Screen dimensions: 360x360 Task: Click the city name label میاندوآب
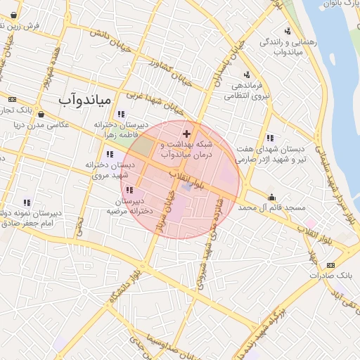(x=84, y=101)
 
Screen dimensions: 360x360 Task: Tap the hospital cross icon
(x=186, y=133)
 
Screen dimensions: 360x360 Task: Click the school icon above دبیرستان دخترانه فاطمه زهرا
(x=121, y=114)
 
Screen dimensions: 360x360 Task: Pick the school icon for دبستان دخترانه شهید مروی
(x=109, y=154)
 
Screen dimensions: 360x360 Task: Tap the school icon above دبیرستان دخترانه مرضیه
(x=129, y=190)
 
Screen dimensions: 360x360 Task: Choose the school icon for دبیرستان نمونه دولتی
(x=27, y=202)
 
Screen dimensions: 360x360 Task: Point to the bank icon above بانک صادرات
(x=330, y=265)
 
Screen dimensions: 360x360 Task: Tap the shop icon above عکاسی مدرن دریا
(x=41, y=114)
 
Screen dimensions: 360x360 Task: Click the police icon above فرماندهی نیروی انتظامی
(x=245, y=75)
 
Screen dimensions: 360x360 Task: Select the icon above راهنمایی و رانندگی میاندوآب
(x=287, y=30)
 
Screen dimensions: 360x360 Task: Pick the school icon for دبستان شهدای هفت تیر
(x=271, y=138)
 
